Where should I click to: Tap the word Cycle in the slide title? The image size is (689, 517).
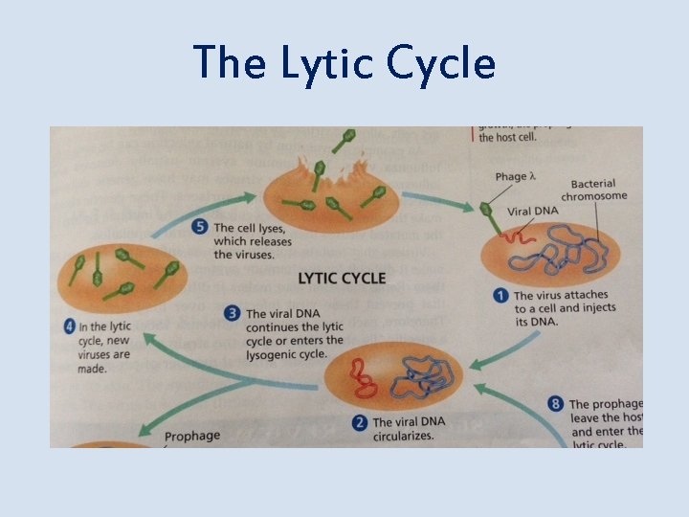(x=441, y=63)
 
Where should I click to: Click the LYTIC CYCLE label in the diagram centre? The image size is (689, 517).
(x=342, y=279)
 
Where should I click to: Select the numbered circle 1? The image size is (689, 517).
(x=500, y=296)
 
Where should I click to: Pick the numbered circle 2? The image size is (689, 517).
(x=360, y=421)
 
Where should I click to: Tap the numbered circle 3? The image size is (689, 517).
(x=233, y=312)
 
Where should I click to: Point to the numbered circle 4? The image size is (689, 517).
(x=69, y=326)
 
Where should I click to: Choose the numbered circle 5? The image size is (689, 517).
(x=200, y=228)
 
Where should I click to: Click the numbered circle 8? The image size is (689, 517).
(x=556, y=405)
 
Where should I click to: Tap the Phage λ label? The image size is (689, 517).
(x=516, y=176)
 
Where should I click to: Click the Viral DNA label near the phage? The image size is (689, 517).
(x=532, y=212)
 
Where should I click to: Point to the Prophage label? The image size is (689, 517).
(x=191, y=437)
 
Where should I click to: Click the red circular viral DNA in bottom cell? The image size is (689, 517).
(x=365, y=377)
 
